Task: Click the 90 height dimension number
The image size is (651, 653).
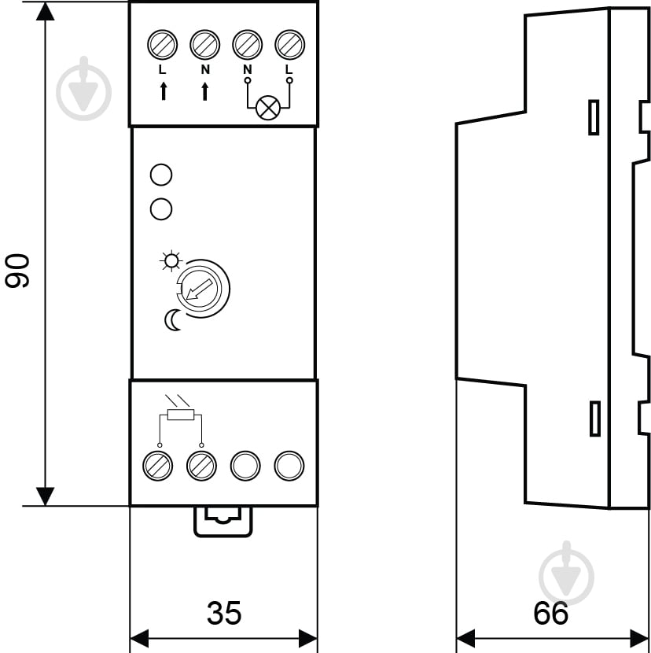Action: tap(18, 270)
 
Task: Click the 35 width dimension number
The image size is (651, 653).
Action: tap(224, 613)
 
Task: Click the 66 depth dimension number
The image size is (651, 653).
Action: tap(550, 613)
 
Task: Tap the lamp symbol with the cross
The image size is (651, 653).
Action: tap(268, 108)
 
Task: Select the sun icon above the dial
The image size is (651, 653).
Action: tap(169, 260)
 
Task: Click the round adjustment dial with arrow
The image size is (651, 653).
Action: tap(202, 288)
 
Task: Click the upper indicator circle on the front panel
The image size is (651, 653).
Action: tap(161, 174)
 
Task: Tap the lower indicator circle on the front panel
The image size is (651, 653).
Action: tap(161, 208)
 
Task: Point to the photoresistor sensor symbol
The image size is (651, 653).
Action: tap(181, 415)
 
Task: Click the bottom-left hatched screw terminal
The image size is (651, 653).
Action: tap(160, 466)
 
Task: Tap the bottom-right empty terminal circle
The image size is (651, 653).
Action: tap(289, 466)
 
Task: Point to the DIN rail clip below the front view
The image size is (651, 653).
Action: tap(224, 519)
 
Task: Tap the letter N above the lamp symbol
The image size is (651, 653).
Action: tap(247, 70)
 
